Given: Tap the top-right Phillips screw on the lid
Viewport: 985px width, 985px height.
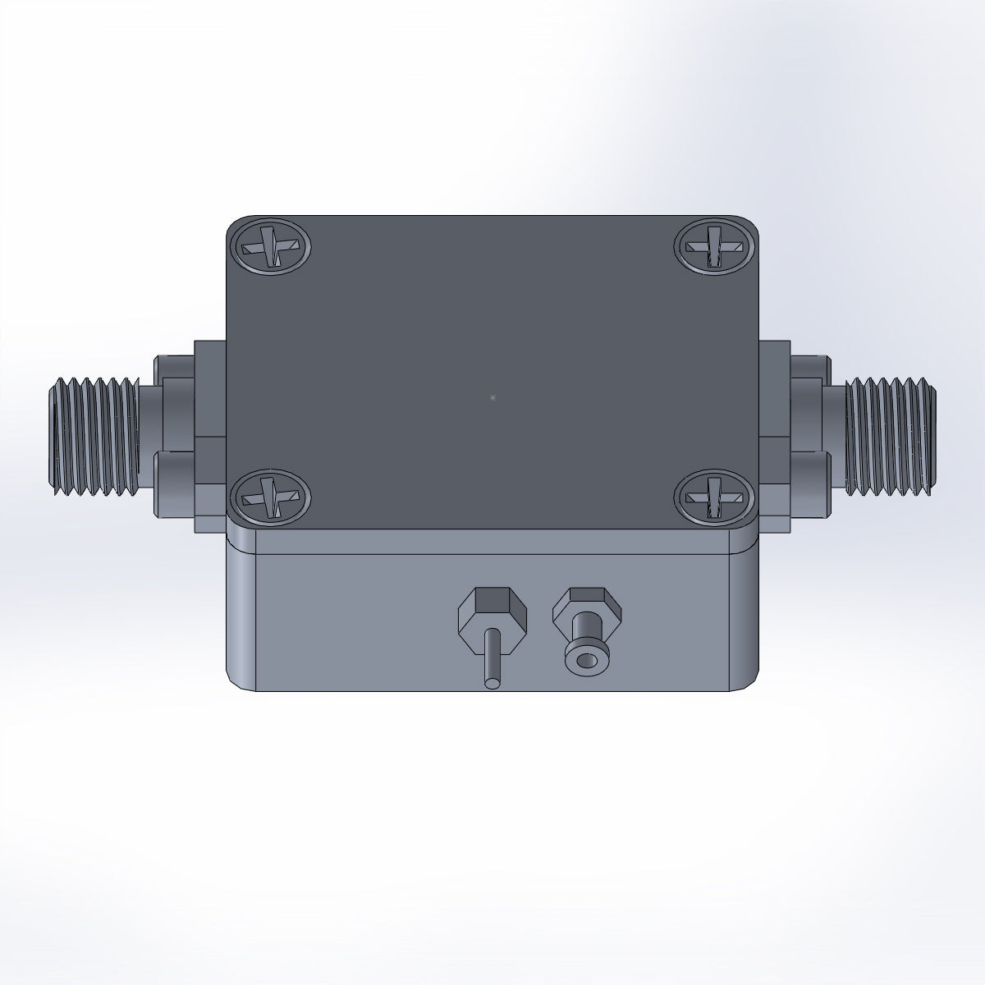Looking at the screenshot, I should (713, 246).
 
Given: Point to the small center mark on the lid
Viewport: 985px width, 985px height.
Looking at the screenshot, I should (492, 398).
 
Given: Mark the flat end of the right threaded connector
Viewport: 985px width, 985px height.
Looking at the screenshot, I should (931, 437).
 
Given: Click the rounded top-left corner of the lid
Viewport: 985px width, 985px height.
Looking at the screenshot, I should (233, 223).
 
